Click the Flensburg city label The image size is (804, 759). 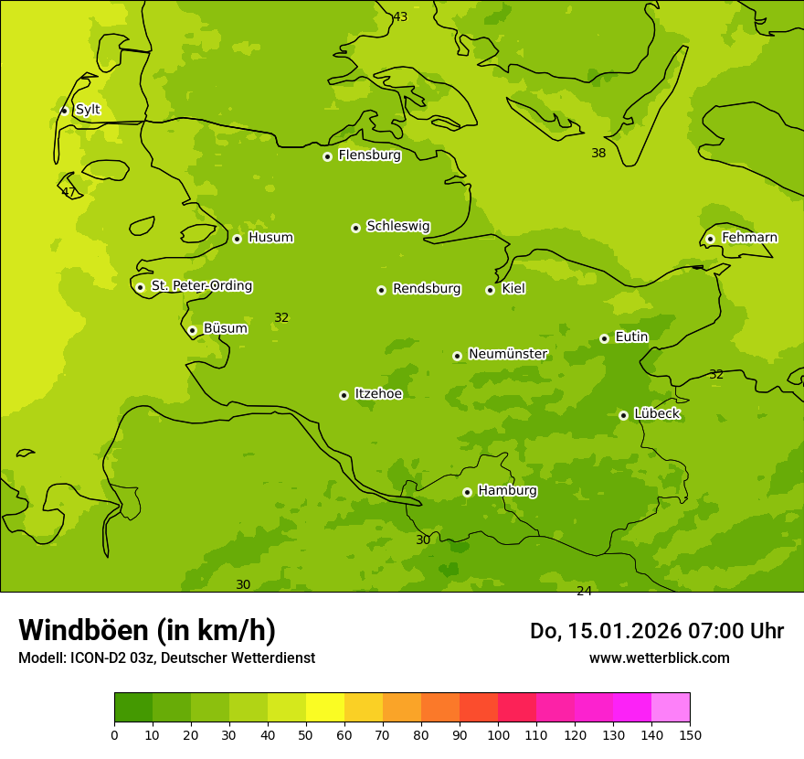pos(369,155)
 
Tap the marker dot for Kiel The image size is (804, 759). pos(490,290)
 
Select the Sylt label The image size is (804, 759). pos(88,110)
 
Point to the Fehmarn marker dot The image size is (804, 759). pos(710,239)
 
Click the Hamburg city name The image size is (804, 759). pos(507,491)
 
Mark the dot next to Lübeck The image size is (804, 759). pos(623,415)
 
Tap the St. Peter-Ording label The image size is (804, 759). pos(201,286)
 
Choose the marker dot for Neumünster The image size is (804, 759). pos(457,356)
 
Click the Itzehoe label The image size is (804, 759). pos(378,394)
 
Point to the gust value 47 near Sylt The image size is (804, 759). pos(69,192)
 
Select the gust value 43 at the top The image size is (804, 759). pos(400,16)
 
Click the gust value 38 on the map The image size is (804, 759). pos(598,153)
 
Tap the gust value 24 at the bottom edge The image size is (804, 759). pos(584,591)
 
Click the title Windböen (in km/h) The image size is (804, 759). pos(147,630)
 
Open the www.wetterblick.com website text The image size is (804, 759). pos(659,658)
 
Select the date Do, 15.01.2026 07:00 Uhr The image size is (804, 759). pos(657,631)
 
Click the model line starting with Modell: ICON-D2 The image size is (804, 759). pos(166,658)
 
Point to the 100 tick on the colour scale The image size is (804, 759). pos(498,734)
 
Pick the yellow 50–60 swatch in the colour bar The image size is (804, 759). pos(325,708)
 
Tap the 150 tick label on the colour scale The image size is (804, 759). pos(690,734)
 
